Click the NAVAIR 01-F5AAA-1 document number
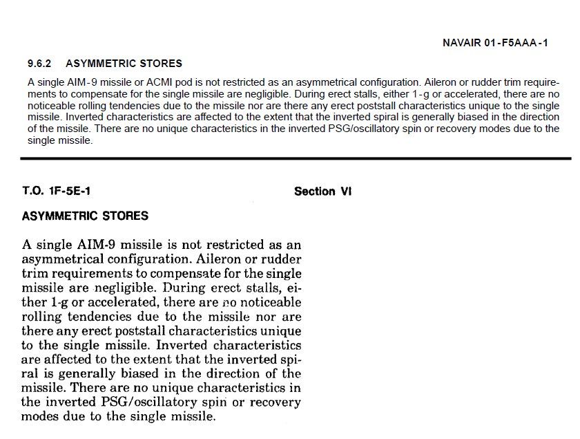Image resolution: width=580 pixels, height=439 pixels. click(x=495, y=43)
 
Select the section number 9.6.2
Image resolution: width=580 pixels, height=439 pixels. click(x=40, y=64)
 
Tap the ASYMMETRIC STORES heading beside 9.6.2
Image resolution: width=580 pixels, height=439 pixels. click(x=124, y=64)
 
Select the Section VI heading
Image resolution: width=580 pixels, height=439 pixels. click(x=322, y=192)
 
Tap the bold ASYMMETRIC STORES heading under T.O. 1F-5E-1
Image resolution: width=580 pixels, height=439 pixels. click(x=85, y=216)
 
